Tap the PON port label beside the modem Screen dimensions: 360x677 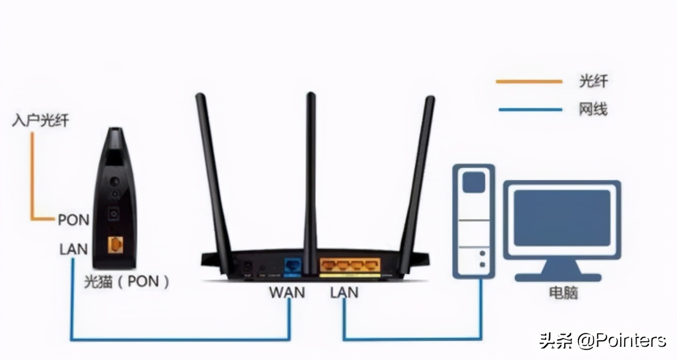point(73,220)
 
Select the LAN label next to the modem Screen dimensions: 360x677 point(73,249)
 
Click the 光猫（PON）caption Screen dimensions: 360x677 point(126,282)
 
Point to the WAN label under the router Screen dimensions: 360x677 point(287,292)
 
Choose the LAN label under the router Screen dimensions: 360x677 point(344,292)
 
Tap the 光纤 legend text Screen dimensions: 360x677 point(593,82)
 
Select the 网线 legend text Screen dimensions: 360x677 point(593,109)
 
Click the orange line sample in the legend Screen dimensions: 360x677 point(529,82)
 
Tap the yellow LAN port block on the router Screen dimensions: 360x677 point(349,265)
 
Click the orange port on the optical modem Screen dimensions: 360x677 point(114,245)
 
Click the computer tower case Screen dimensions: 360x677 point(474,222)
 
